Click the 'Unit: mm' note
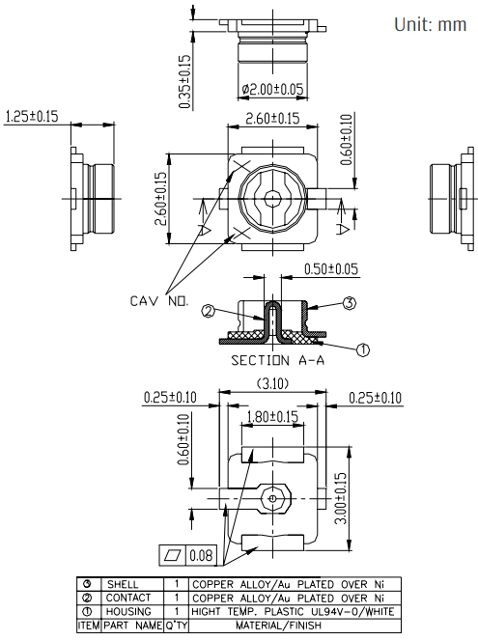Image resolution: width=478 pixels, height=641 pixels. tap(430, 24)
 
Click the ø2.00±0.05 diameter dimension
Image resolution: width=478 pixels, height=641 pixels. tap(272, 89)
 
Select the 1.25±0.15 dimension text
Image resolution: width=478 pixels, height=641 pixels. tap(32, 116)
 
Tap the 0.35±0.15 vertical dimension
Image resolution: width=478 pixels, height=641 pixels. tap(185, 82)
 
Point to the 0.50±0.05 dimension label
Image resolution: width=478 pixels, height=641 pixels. tap(331, 269)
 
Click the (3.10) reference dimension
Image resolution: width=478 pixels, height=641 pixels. tap(272, 384)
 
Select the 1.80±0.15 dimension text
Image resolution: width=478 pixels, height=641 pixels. tap(272, 417)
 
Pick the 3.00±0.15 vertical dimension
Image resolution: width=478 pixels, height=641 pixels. tap(341, 498)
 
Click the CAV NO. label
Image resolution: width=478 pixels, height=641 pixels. tap(159, 301)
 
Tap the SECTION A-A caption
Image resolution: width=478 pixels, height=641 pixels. tap(278, 360)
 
